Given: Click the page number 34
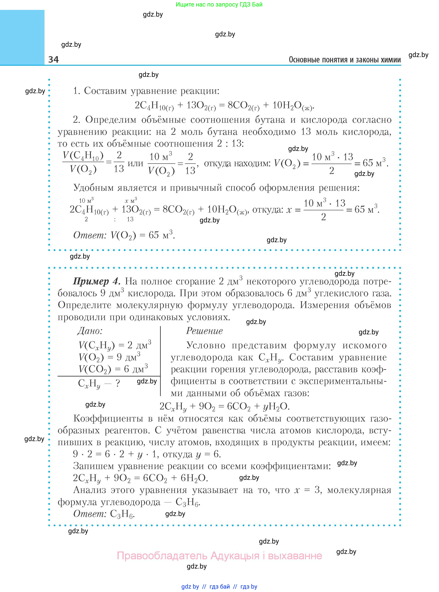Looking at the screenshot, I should [x=54, y=59].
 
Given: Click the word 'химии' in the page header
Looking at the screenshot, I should [x=390, y=60].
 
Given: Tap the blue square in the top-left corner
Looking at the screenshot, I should [x=22, y=37].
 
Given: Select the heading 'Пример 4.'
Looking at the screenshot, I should [x=97, y=281].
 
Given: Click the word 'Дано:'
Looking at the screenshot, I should [x=90, y=331].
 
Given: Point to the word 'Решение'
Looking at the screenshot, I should [x=204, y=331].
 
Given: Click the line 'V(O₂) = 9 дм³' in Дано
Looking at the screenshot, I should [x=110, y=357].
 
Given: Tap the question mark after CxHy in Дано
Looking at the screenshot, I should [x=118, y=383].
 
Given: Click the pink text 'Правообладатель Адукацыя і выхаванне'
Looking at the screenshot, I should [x=220, y=556].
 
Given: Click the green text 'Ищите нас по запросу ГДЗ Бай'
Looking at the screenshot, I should [x=219, y=5].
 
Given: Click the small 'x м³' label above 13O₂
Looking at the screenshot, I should [x=131, y=200].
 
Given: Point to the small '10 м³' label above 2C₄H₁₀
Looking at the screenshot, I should [x=86, y=200].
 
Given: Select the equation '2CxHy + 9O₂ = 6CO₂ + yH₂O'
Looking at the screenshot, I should [x=225, y=406].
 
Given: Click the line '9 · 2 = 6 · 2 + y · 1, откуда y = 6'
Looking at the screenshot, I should [x=147, y=454].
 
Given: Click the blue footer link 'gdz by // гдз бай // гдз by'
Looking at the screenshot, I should [x=219, y=586].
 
